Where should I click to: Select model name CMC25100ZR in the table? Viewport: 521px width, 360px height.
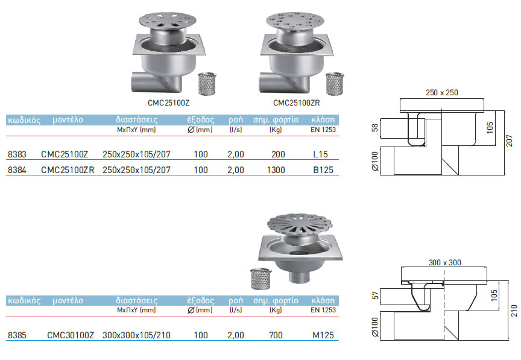pyautogui.click(x=68, y=170)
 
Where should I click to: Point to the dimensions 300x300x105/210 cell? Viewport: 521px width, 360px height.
pyautogui.click(x=136, y=335)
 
